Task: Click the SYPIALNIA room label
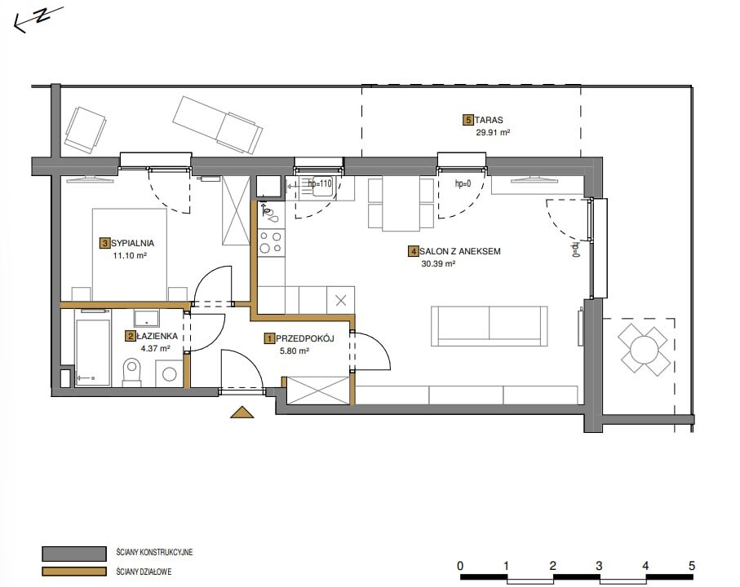tap(133, 243)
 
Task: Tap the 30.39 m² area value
tap(438, 264)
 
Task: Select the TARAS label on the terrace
tap(489, 120)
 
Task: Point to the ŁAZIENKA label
tap(157, 336)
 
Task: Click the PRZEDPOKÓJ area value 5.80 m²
tap(295, 351)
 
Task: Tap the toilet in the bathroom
tap(132, 372)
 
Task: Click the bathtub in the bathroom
tap(92, 347)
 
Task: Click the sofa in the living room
tap(489, 326)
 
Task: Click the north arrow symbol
tap(38, 19)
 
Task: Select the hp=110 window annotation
tap(320, 183)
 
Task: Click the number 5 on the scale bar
tap(691, 565)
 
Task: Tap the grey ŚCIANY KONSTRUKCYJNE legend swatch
tap(74, 554)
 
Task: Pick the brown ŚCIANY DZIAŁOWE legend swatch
tap(74, 572)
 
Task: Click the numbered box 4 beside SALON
tap(414, 251)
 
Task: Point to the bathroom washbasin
tap(146, 318)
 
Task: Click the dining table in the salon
tap(401, 204)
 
